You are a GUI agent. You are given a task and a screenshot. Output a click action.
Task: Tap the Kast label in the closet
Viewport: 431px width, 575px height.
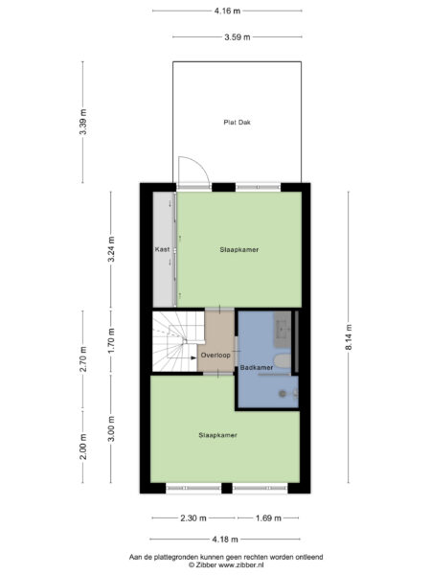coord(162,249)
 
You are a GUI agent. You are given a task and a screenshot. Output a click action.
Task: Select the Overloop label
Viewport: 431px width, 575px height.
coord(215,355)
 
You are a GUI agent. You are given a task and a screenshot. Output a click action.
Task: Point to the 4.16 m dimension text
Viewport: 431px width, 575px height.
coord(227,11)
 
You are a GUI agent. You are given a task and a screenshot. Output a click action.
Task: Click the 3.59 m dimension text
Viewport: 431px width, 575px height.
coord(236,36)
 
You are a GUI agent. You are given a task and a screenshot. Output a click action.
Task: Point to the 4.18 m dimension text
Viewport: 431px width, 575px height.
coord(226,540)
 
